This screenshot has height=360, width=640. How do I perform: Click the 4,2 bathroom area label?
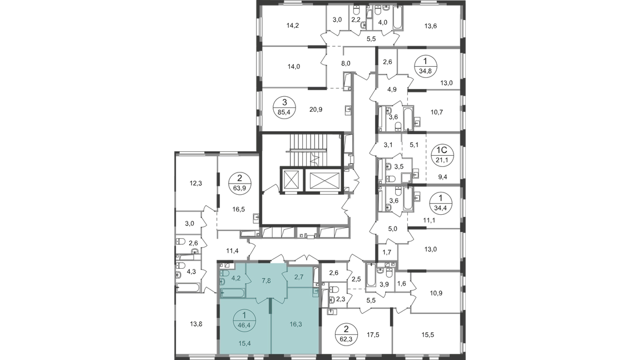[235, 278]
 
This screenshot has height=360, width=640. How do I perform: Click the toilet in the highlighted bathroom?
[224, 275]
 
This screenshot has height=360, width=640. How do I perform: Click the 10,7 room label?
[436, 112]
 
